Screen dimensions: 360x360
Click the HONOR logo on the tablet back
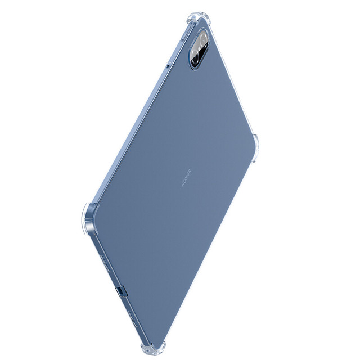(x=186, y=178)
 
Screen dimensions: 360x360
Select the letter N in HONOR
(x=186, y=178)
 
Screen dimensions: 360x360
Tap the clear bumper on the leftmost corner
(x=90, y=219)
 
